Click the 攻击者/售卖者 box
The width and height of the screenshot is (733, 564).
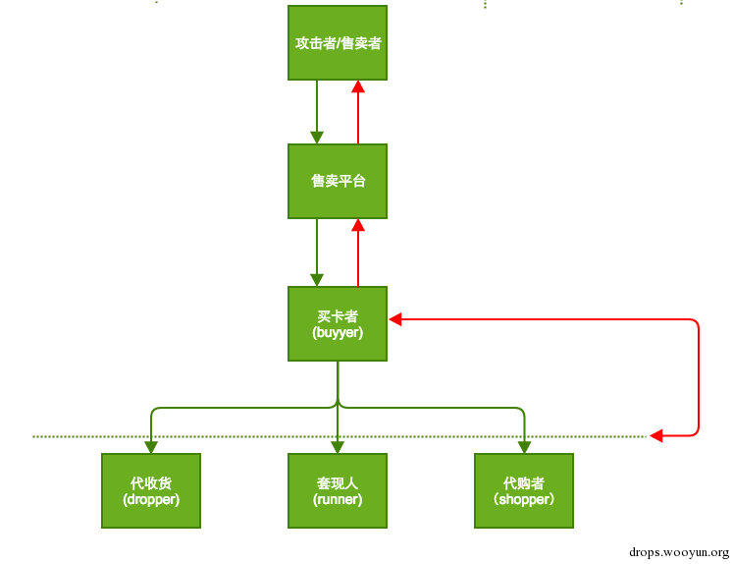[x=338, y=42]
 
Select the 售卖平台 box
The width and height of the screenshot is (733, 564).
[x=338, y=181]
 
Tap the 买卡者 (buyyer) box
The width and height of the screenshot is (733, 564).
[x=338, y=323]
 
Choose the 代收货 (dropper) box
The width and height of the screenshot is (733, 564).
[x=151, y=490]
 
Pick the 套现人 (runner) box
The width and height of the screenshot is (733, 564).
[x=338, y=490]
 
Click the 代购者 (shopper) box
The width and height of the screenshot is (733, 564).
[x=524, y=490]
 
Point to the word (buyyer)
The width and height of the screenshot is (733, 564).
[x=338, y=333]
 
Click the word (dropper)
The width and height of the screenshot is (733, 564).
[x=151, y=499]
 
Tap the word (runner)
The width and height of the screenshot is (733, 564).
[x=338, y=499]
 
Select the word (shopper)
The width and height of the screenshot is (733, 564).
[x=524, y=499]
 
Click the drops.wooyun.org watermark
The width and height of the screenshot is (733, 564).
[x=678, y=552]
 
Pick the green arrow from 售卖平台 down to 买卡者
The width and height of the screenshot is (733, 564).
[x=317, y=252]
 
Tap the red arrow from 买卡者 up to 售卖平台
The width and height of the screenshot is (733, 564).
[x=358, y=252]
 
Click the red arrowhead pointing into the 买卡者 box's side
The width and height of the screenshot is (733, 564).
[x=395, y=319]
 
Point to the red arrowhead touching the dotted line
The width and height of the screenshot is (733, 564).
[x=656, y=434]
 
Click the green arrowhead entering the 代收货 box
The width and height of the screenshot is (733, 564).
[x=151, y=446]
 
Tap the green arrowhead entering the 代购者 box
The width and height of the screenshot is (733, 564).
[x=524, y=446]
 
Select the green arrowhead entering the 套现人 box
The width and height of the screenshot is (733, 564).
[x=338, y=446]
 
